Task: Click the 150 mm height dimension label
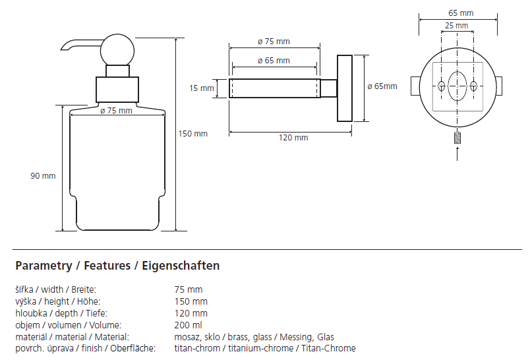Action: pyautogui.click(x=193, y=134)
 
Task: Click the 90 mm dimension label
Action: pyautogui.click(x=43, y=176)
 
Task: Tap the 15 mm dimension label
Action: pyautogui.click(x=202, y=88)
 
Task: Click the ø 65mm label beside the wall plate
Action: pyautogui.click(x=382, y=86)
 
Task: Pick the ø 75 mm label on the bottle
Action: pyautogui.click(x=116, y=111)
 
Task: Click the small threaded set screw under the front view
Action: pyautogui.click(x=457, y=138)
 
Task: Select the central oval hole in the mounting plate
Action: pyautogui.click(x=456, y=86)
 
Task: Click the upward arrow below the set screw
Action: pyautogui.click(x=457, y=154)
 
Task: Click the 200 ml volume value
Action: pyautogui.click(x=189, y=325)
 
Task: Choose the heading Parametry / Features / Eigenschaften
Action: pyautogui.click(x=117, y=266)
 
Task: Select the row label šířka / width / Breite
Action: pyautogui.click(x=55, y=289)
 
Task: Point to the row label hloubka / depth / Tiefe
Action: pyautogui.click(x=61, y=313)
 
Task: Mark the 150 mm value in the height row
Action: pyautogui.click(x=191, y=301)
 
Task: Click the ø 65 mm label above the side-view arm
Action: pyautogui.click(x=274, y=61)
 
